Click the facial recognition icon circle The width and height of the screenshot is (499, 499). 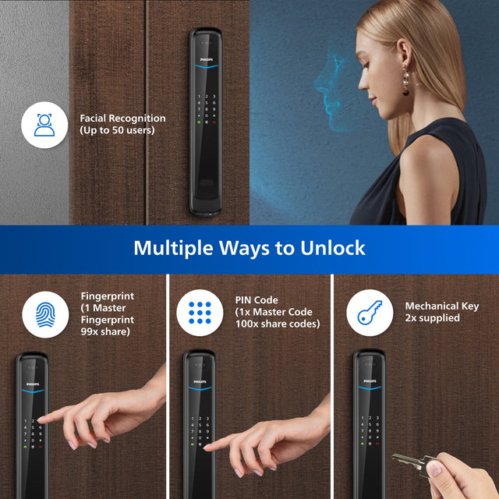pos(44,124)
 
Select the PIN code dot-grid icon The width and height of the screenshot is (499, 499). pos(200,313)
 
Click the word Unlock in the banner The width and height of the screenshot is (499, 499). pos(329,249)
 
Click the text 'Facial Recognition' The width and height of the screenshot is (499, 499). pos(122,119)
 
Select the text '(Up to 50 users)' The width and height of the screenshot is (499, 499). pos(117,130)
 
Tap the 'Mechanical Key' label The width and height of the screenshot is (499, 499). pos(442,306)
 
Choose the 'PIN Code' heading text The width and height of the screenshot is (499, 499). pos(256,300)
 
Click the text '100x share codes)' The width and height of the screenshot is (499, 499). pos(277,324)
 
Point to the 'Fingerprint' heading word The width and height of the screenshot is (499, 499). pos(107,296)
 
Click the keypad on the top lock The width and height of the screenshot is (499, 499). pos(206,109)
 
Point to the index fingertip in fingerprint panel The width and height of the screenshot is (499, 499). pos(40,420)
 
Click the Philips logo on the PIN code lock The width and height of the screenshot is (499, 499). pos(198,384)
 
